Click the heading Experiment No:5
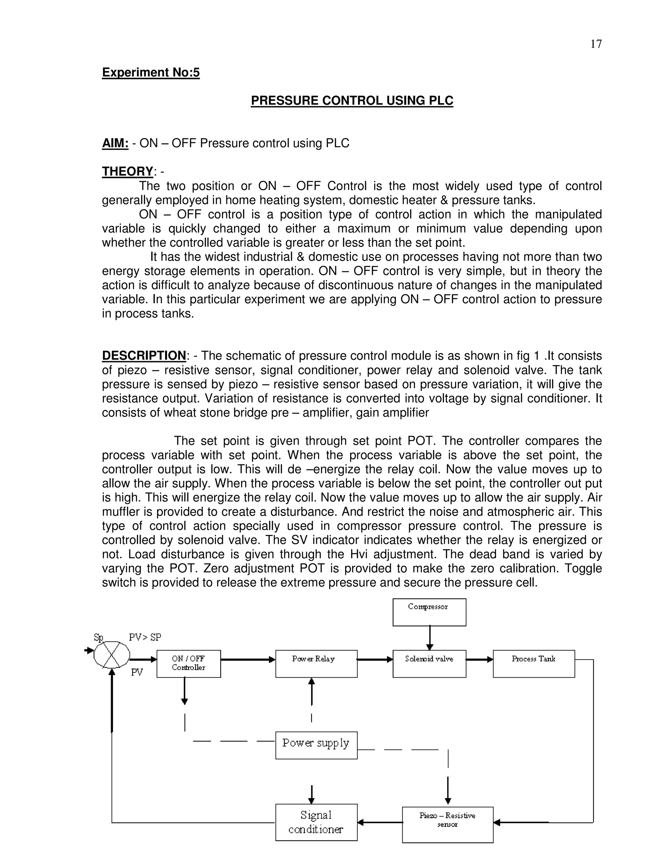tap(150, 72)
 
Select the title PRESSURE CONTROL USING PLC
tap(352, 100)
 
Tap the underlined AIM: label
tap(115, 143)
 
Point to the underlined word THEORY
tap(127, 172)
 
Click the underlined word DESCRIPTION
tap(144, 356)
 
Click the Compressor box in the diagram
tap(429, 612)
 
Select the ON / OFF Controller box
tap(189, 663)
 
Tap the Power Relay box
tap(316, 663)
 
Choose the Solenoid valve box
tap(429, 663)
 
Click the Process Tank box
tap(533, 663)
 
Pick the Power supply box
tap(316, 745)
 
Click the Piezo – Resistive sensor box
tap(447, 824)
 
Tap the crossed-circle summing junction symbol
tap(111, 655)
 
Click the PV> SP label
tap(145, 637)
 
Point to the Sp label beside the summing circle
tap(98, 637)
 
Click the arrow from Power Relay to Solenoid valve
tap(375, 659)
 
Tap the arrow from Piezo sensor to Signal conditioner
tap(379, 822)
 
